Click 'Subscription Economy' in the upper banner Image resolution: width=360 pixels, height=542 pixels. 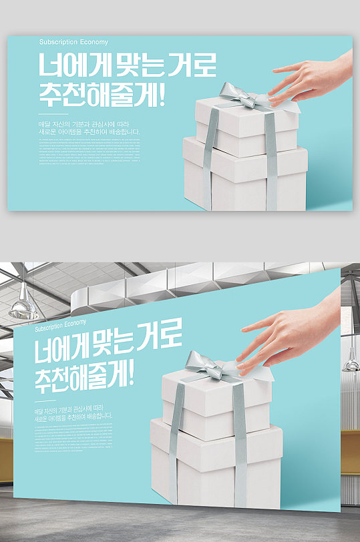pos(68,42)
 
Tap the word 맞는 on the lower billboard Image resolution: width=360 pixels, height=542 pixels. pos(126,351)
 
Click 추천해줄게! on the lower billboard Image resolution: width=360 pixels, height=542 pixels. pos(84,379)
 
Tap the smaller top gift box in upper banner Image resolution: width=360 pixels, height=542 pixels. pos(247,127)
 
